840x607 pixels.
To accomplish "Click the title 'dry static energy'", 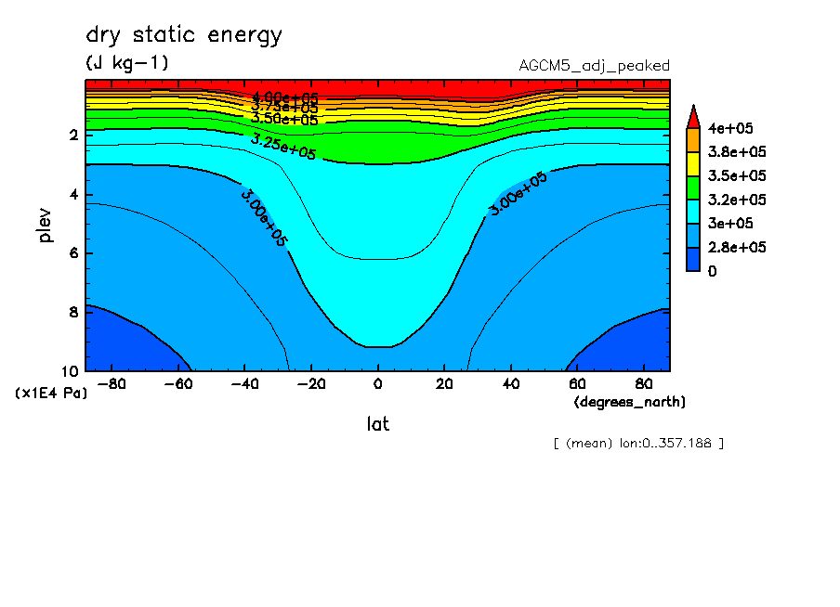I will point(184,36).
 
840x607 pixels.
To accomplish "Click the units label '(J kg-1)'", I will point(127,63).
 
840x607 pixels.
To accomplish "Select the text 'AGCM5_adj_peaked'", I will point(594,65).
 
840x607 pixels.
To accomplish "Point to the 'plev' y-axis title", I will point(46,225).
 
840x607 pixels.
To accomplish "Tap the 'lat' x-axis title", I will point(377,424).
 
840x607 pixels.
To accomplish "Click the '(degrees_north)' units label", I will point(630,402).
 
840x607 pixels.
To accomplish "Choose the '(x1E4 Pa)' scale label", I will point(51,394).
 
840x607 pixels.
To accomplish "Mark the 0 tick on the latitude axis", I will point(377,382).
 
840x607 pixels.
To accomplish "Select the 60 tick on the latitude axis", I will point(577,382).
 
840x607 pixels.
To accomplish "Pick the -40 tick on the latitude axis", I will point(244,382).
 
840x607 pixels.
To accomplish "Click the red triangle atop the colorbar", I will point(693,116).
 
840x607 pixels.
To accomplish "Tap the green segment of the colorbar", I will point(693,187).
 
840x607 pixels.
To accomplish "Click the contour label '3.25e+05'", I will point(283,146).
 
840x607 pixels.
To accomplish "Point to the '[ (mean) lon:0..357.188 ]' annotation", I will point(637,443).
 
